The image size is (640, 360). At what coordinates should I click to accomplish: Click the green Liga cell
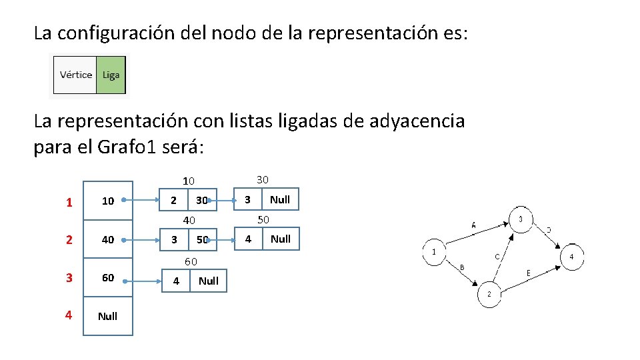point(111,75)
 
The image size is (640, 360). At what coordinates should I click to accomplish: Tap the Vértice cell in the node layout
point(75,75)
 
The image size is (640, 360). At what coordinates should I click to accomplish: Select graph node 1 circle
point(434,252)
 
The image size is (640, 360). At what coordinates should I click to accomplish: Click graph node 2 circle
point(489,295)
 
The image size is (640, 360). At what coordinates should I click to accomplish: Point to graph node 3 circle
point(521,219)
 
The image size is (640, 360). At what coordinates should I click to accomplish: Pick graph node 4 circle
point(572,257)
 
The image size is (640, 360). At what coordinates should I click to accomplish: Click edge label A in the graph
point(473,225)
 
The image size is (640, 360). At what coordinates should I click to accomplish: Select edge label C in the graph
point(497,256)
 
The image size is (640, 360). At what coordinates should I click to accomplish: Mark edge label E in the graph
point(529,272)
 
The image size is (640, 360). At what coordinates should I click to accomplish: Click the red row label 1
point(69,201)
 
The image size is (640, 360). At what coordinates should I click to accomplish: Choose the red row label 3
point(69,278)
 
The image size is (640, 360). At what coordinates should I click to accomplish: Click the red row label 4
point(69,315)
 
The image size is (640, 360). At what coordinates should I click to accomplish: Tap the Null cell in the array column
point(107,316)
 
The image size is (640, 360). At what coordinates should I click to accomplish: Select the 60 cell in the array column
point(107,278)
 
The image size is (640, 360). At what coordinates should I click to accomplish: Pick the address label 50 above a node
point(263,219)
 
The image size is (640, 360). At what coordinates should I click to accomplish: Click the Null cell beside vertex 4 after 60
point(208,281)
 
